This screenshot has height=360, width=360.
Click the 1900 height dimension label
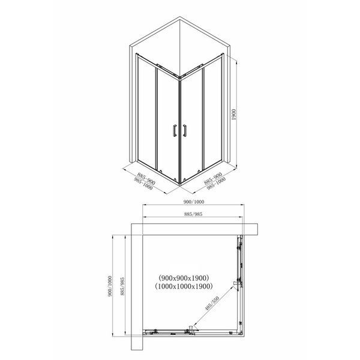[x=234, y=115]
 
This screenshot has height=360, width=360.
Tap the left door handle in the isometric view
[x=175, y=131]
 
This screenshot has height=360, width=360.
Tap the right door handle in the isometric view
[x=185, y=130]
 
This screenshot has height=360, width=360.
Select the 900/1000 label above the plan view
[x=194, y=202]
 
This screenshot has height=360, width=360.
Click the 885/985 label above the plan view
[x=193, y=214]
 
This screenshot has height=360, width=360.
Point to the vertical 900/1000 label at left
[x=110, y=286]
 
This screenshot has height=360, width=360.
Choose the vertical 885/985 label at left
[x=122, y=286]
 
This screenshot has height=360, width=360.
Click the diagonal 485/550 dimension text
[x=212, y=303]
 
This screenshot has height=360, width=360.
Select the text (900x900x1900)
[x=184, y=278]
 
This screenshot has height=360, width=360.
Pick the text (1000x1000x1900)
[x=184, y=286]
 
